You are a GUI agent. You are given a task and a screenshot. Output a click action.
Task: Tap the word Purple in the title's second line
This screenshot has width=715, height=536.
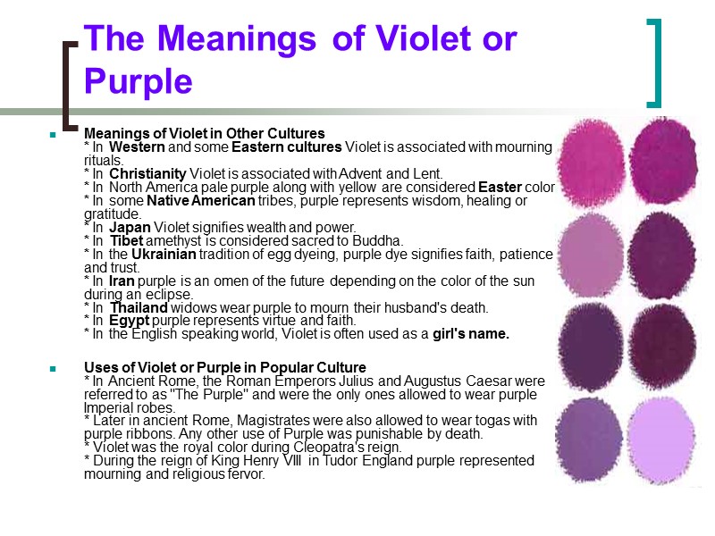coord(139,81)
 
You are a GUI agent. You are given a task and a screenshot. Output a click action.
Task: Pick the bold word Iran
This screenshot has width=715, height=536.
coord(123,281)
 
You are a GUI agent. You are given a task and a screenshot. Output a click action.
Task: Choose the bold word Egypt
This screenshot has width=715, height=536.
coord(130,321)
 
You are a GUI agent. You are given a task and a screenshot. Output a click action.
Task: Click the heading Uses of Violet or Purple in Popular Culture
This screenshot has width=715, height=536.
coord(224,367)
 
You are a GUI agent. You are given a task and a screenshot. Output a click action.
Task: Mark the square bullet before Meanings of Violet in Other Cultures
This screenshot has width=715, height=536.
coord(54,135)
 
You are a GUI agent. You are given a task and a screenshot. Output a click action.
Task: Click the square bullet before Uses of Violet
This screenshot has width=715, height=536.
coord(54,368)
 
